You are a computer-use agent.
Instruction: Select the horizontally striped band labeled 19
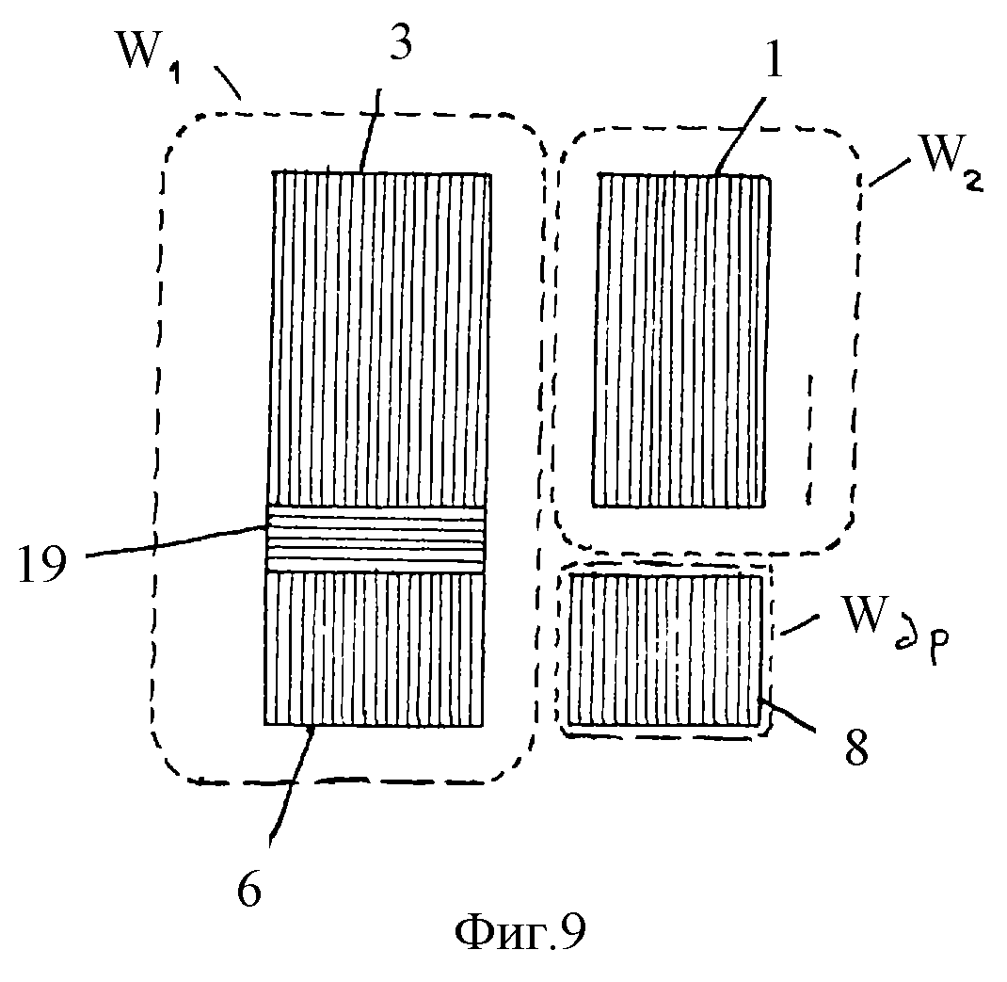tap(376, 539)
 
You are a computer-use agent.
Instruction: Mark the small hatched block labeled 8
tap(664, 650)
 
